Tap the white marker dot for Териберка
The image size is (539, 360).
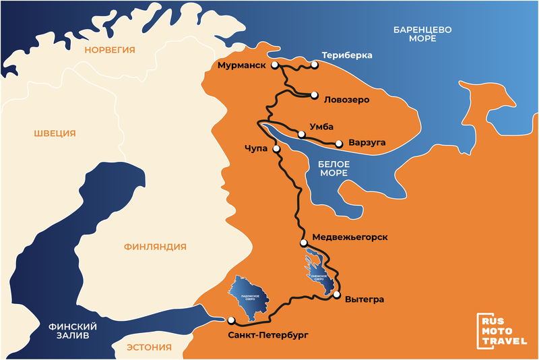315,65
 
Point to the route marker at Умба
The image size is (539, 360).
301,134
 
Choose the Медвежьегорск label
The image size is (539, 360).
350,237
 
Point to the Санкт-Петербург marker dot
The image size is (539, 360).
230,320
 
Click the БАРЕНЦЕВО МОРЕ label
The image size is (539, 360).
422,34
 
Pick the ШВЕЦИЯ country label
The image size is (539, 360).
55,133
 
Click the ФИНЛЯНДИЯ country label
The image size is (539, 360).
155,247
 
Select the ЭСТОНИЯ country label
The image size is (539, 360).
149,348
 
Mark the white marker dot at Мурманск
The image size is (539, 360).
275,65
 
